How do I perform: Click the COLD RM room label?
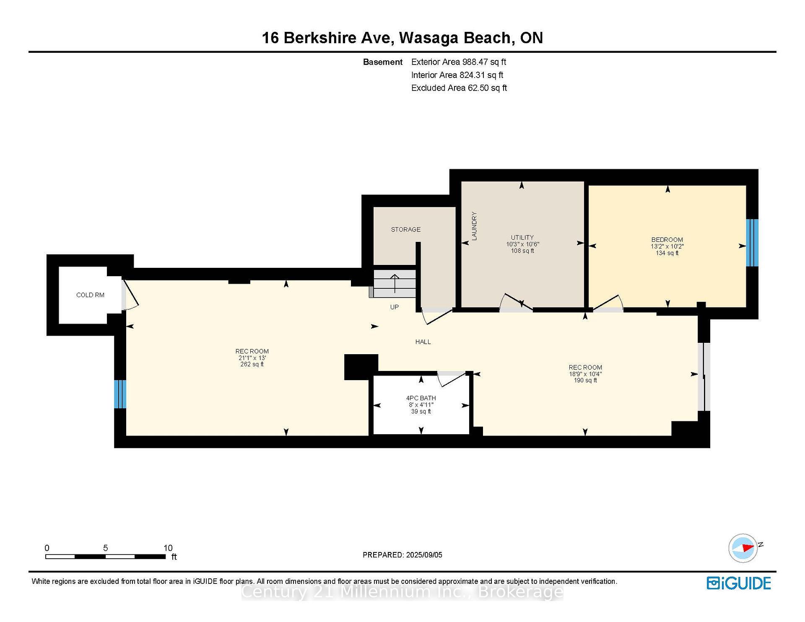tap(90, 295)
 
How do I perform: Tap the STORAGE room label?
tap(405, 229)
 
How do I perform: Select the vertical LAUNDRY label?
tap(474, 226)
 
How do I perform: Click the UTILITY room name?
tap(522, 237)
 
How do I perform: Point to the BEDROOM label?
tap(667, 240)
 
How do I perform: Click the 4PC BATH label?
tap(421, 398)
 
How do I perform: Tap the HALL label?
tap(423, 342)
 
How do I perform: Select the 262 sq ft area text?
tap(252, 364)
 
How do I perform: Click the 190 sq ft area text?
tap(585, 380)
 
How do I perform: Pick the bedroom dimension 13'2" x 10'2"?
tap(667, 246)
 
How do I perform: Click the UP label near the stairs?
tap(395, 307)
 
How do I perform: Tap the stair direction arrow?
tap(395, 283)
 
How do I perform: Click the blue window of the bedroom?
tap(752, 243)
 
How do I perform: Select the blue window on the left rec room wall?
tap(120, 394)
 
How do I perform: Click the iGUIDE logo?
tap(739, 583)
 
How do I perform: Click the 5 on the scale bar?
tap(105, 548)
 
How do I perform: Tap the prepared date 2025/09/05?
tap(424, 555)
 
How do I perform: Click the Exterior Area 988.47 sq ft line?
tap(459, 62)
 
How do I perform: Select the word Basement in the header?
tap(383, 62)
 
